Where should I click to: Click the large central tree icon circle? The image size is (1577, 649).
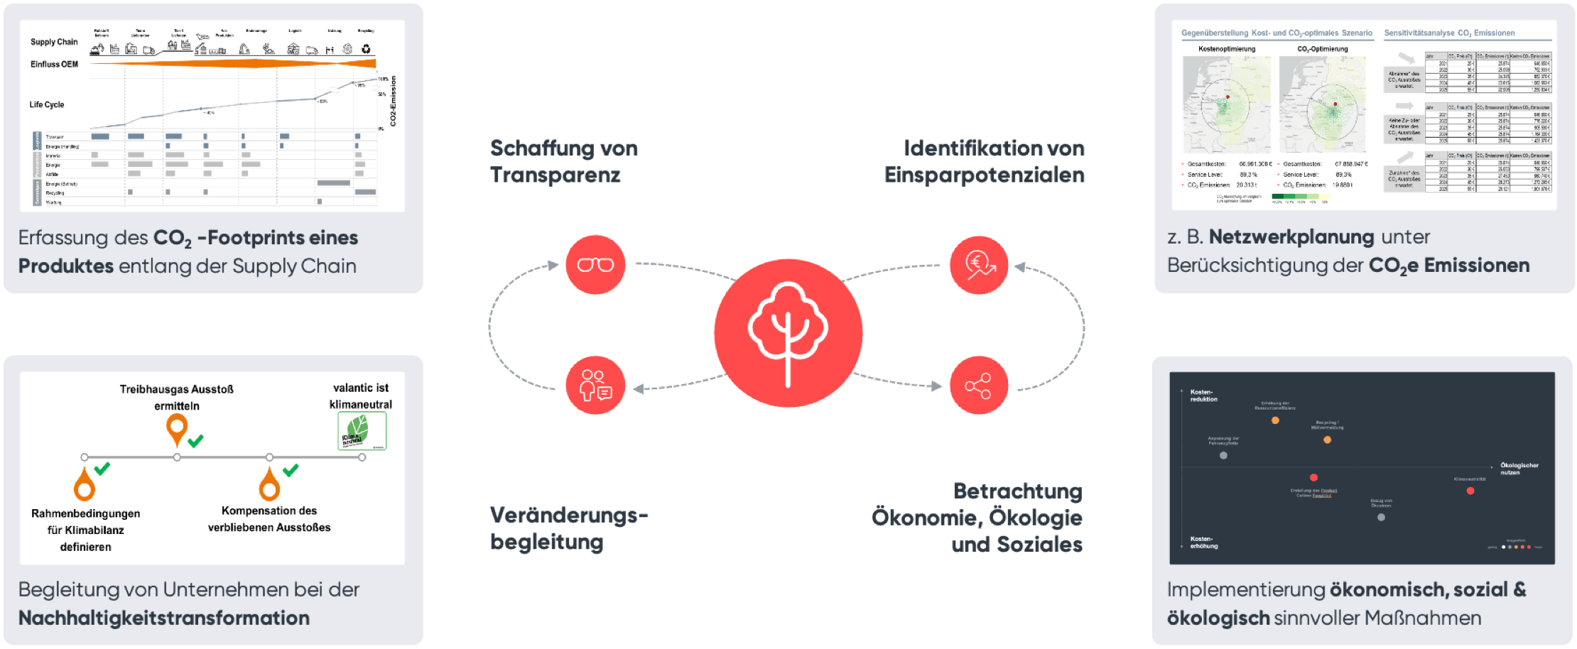pyautogui.click(x=788, y=332)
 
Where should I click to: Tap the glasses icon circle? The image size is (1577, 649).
pyautogui.click(x=595, y=265)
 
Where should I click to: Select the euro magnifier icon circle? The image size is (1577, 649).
pyautogui.click(x=979, y=265)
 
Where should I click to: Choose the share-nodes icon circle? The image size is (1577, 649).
pyautogui.click(x=979, y=386)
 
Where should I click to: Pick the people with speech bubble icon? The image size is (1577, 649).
pyautogui.click(x=595, y=386)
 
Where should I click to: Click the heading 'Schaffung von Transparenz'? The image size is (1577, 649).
pyautogui.click(x=563, y=161)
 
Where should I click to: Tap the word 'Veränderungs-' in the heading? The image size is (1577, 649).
pyautogui.click(x=568, y=515)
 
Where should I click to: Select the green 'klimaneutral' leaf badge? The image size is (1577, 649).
pyautogui.click(x=362, y=430)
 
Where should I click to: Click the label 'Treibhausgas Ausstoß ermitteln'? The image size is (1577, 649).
pyautogui.click(x=176, y=397)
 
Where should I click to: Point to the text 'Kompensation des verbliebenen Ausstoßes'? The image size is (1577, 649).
pyautogui.click(x=269, y=518)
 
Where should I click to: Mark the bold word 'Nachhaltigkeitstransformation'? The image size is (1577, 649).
pyautogui.click(x=164, y=618)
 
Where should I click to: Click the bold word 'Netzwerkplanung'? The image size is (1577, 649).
pyautogui.click(x=1291, y=236)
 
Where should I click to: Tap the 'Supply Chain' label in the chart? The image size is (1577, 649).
pyautogui.click(x=54, y=42)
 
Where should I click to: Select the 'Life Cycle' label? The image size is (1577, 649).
pyautogui.click(x=47, y=104)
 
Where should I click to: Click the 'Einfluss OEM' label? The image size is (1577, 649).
pyautogui.click(x=54, y=64)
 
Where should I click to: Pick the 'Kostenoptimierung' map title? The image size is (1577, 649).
pyautogui.click(x=1227, y=49)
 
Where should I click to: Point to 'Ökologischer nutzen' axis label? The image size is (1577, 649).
pyautogui.click(x=1519, y=469)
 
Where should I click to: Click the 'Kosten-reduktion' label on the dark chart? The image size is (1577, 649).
pyautogui.click(x=1203, y=396)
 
